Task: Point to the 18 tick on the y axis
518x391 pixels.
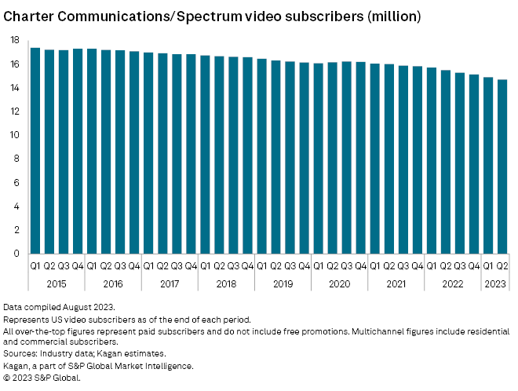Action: (15, 39)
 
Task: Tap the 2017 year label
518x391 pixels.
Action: (170, 283)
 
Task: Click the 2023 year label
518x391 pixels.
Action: (495, 283)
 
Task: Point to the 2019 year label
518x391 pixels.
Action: (283, 283)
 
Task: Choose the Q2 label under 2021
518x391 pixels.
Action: (389, 266)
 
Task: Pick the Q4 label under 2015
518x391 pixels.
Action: (78, 266)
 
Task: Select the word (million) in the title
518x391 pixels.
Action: (392, 16)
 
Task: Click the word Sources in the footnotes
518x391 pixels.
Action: (20, 354)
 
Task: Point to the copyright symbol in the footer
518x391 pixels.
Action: (7, 378)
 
